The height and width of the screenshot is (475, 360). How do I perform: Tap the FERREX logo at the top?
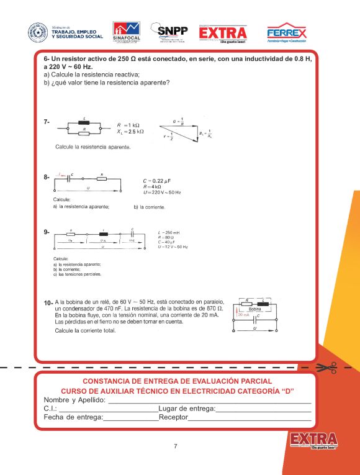pos(286,32)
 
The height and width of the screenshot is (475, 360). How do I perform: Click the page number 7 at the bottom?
pos(176,446)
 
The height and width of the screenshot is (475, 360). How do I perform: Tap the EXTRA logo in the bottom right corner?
pos(313,440)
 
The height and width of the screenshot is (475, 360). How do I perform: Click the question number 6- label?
pos(47,58)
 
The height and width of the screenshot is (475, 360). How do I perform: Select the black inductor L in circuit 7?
pos(84,122)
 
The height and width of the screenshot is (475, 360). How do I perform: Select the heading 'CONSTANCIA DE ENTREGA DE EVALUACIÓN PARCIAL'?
pos(177,381)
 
